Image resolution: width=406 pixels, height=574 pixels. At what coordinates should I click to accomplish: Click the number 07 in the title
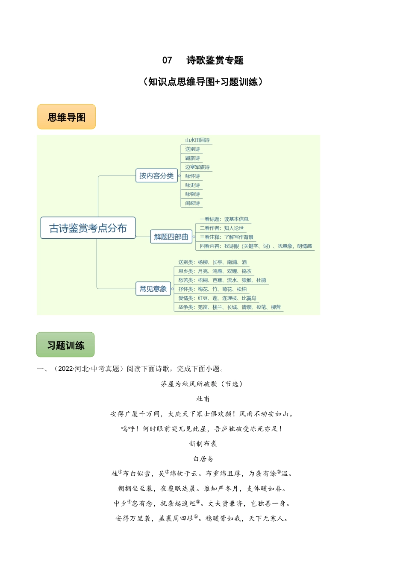tap(167, 60)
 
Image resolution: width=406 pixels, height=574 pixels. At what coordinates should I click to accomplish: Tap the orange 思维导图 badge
tap(67, 117)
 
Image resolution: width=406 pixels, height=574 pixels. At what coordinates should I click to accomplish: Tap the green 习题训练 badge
tap(66, 345)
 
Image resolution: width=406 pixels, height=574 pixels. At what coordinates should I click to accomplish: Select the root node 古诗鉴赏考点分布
tap(88, 228)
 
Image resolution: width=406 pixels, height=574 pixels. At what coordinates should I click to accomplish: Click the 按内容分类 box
tap(156, 176)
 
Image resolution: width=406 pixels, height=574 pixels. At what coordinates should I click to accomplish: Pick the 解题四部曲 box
tap(171, 237)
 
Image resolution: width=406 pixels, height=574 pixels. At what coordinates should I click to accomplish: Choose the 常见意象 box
tap(153, 289)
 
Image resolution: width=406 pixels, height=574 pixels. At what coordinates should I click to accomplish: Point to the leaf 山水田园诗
tap(197, 140)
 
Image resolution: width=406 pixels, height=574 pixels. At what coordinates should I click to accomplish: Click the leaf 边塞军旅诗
tap(197, 167)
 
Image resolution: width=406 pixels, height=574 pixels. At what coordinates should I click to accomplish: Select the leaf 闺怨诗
tap(192, 203)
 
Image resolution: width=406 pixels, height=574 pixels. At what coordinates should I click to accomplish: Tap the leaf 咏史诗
tap(192, 185)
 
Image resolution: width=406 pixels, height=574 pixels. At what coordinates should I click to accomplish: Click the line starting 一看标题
tap(224, 219)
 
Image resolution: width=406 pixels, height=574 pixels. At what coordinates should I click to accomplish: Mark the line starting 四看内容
tap(256, 246)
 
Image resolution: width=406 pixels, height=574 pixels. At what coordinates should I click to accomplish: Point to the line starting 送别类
tap(212, 262)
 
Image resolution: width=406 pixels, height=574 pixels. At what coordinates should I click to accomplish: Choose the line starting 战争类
tap(229, 307)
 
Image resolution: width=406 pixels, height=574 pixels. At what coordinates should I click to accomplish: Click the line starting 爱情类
tap(217, 298)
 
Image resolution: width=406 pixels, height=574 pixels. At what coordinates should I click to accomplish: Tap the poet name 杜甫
tap(203, 399)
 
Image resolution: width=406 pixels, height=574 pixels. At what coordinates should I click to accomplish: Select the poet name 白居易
tap(203, 459)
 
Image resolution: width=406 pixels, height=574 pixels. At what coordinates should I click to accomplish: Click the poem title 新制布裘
tap(203, 444)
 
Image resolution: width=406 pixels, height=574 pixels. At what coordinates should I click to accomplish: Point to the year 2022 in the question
tap(65, 369)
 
